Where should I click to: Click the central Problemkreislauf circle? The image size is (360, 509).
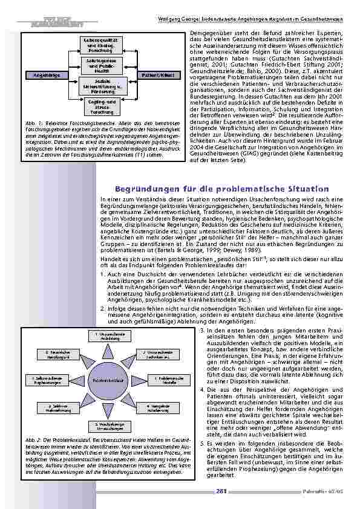coord(107,380)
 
